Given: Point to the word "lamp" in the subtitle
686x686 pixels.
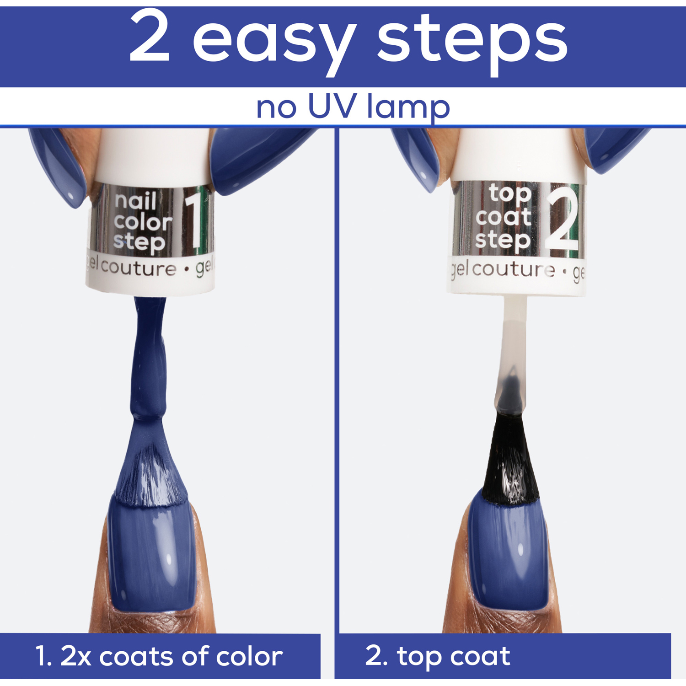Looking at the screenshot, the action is tap(409, 108).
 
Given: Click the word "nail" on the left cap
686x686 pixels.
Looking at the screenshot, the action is tap(136, 201).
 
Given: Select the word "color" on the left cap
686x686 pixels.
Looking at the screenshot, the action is tap(143, 222).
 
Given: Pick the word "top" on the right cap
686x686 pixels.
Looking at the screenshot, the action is tap(510, 194).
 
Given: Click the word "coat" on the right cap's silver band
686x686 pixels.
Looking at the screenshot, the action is tap(503, 217).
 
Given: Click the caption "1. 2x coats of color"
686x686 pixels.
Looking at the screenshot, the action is tap(159, 656).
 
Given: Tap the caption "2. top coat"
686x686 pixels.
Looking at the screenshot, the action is tap(437, 657).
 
